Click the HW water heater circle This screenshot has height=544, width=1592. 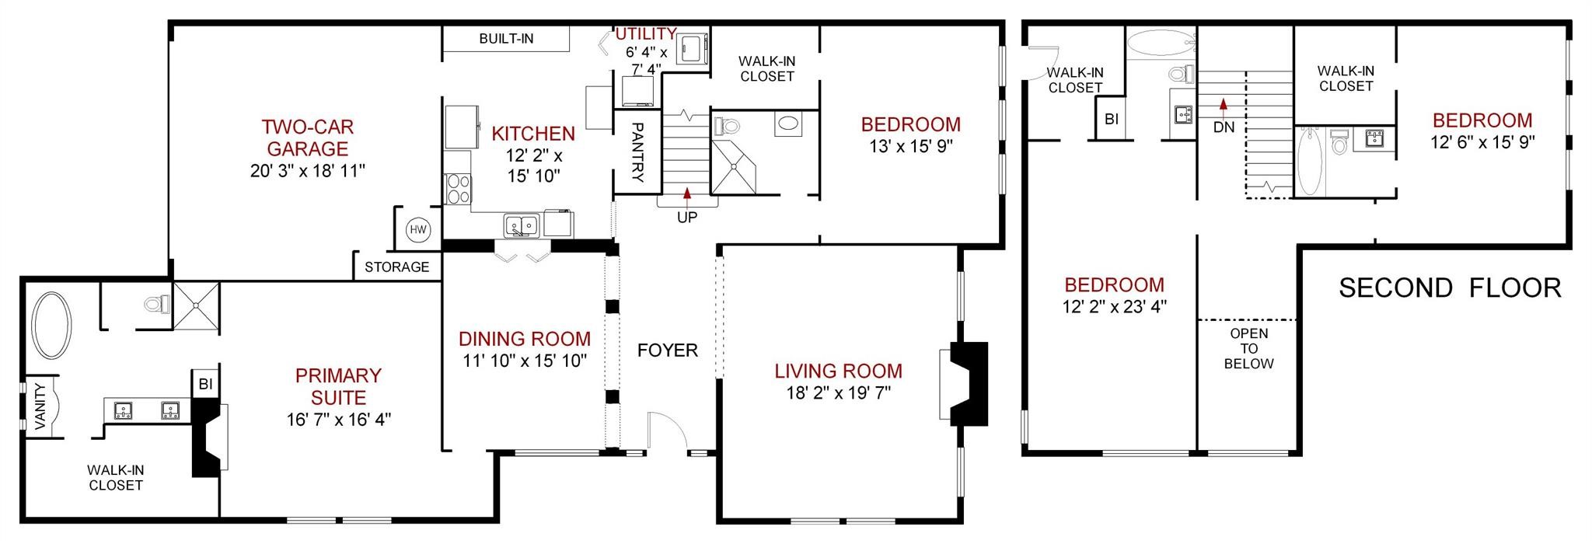coord(419,230)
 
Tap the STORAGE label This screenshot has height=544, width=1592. coord(397,267)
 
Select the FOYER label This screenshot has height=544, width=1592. coord(668,350)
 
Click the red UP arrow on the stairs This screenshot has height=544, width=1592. coord(687,195)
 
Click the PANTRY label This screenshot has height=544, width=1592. coord(637,152)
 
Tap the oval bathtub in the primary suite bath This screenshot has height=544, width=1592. coord(53,326)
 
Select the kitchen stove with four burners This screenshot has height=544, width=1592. coord(458,190)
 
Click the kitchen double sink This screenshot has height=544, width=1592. coord(522,225)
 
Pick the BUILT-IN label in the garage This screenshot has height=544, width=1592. coord(506,39)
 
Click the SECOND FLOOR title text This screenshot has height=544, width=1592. coord(1450,288)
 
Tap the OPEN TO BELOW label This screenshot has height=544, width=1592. coord(1248,348)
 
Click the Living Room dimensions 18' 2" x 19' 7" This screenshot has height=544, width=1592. coord(838,393)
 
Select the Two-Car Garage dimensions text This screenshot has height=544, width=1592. coord(307,171)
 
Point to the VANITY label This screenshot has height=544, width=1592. coord(41,406)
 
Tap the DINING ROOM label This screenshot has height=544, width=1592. coord(525,340)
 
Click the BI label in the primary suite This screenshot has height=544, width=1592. coord(205,384)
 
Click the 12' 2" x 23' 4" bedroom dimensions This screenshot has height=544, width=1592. coord(1115,307)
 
